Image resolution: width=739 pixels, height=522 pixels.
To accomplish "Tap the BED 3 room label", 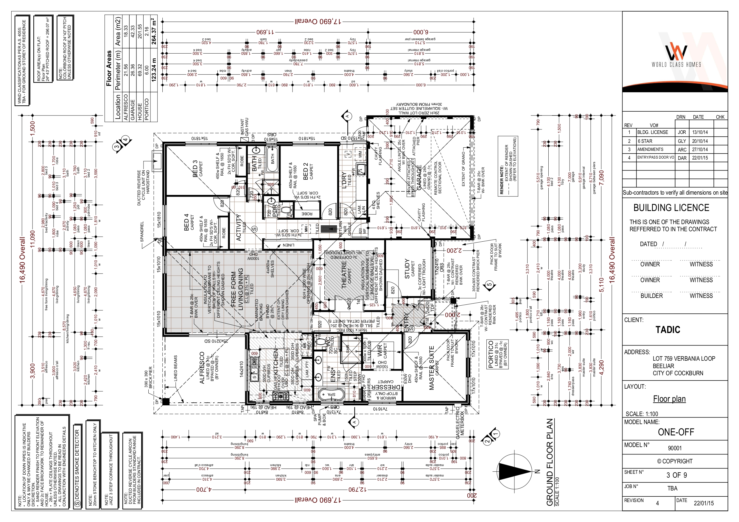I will tap(195, 169).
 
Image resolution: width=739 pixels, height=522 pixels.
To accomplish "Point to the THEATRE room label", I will tap(344, 274).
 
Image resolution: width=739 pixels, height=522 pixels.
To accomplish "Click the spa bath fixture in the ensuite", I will tap(331, 394).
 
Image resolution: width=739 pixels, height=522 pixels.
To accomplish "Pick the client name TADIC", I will tap(668, 330).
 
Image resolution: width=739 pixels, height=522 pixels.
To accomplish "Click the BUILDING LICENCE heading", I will tap(671, 208).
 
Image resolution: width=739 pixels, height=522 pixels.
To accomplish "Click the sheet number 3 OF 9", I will tap(676, 475).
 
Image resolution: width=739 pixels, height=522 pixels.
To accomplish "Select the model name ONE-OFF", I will tap(676, 432).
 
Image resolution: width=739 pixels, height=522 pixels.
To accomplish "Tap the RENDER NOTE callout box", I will tap(508, 166).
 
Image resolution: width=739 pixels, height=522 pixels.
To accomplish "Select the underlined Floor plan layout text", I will tap(669, 399).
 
